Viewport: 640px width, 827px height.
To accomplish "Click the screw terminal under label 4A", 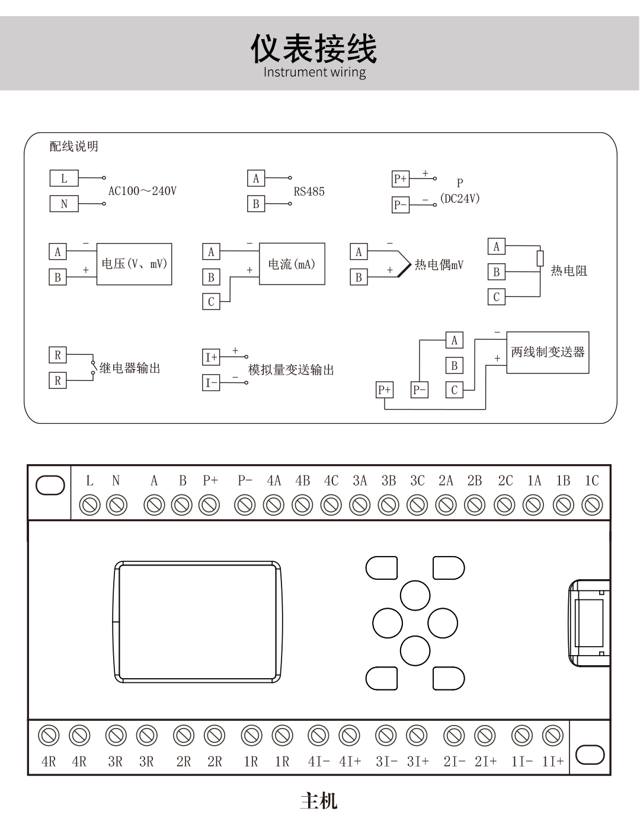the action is coord(273,505).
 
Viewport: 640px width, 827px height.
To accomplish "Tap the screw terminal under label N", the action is coord(116,505).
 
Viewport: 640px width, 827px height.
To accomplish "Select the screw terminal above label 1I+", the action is coord(552,736).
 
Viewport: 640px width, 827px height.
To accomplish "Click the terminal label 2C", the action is coord(505,481).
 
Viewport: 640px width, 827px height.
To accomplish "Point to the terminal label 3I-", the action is coord(387,762).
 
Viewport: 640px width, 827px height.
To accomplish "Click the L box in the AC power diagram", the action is coord(64,178).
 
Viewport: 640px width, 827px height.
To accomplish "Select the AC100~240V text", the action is coord(142,191).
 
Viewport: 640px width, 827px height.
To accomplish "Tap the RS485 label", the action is coord(309,191).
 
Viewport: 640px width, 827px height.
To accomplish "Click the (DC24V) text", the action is coord(460,198).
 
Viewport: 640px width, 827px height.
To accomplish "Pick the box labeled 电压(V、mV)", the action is coord(135,264).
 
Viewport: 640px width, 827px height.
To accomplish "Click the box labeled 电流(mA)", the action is coord(292,264).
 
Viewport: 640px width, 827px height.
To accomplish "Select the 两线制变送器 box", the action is coord(548,352).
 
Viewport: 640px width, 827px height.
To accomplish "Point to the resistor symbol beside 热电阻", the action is coord(540,258).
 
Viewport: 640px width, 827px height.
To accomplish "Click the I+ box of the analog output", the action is coord(211,357).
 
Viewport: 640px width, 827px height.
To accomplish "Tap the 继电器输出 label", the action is coord(130,368).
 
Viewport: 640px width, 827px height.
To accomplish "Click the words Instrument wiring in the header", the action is coord(315,72).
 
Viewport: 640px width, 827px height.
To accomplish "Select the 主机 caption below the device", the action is coord(319,801).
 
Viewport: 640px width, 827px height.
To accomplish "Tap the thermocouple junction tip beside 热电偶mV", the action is coord(411,264).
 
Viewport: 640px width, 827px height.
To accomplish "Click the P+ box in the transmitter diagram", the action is coord(385,389).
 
